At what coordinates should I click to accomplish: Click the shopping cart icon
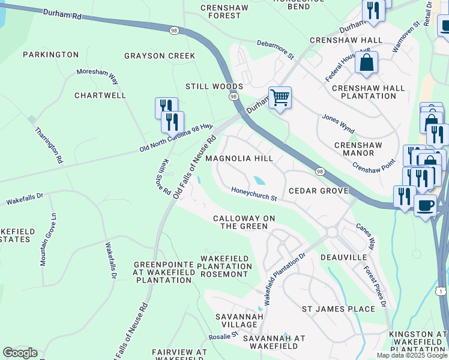pos(280,97)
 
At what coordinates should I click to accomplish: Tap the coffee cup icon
pos(426,205)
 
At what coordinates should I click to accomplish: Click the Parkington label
pos(50,55)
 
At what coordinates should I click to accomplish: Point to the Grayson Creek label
pos(160,56)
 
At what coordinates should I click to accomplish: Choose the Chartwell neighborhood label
pos(100,95)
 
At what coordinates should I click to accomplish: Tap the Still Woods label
pos(214,86)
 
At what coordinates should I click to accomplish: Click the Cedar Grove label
pos(318,191)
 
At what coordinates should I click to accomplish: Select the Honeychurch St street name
pos(255,194)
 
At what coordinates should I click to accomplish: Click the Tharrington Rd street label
pos(49,145)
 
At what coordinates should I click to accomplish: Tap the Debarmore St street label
pos(276,50)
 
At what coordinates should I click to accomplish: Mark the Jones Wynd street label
pos(339,124)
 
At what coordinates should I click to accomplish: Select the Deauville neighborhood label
pos(343,257)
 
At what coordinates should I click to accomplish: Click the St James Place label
pos(338,309)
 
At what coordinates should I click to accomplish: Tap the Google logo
pos(20,353)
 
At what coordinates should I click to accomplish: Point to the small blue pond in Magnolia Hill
pos(259,180)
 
